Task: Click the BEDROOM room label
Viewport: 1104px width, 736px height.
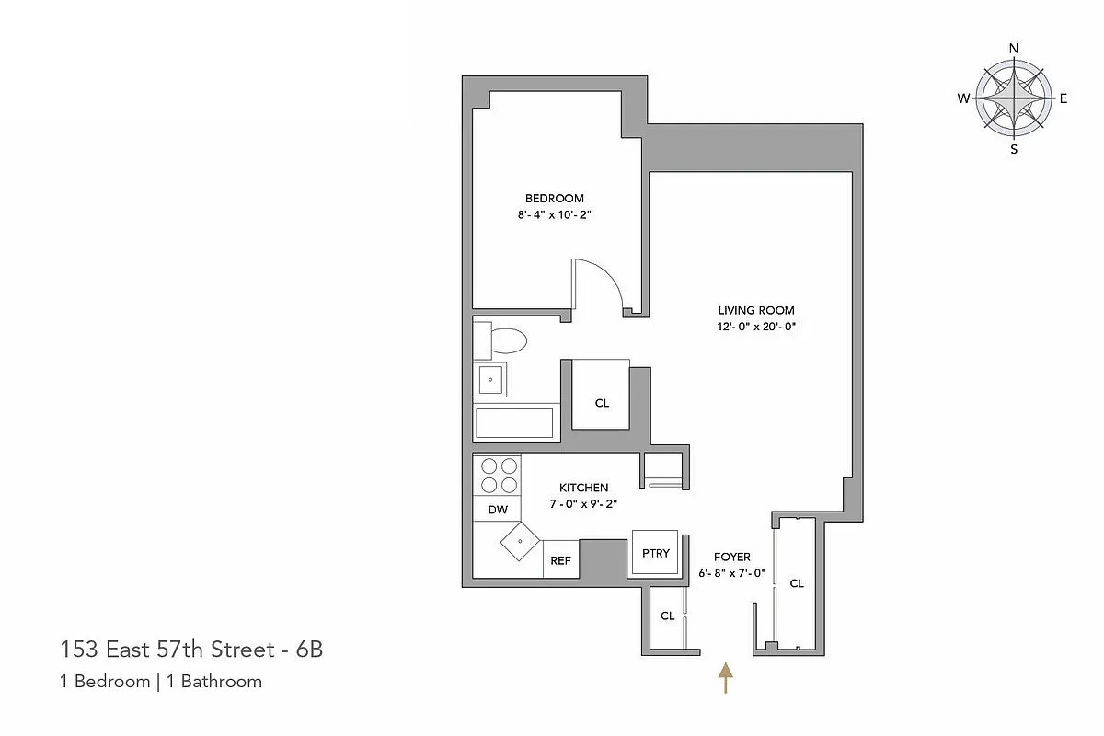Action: pos(554,198)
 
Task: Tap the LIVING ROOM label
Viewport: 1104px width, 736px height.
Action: pos(756,310)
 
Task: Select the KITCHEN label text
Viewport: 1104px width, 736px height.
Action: pos(583,488)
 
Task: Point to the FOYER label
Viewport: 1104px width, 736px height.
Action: pos(731,557)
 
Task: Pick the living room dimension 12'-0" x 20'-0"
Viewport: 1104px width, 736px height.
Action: pos(756,327)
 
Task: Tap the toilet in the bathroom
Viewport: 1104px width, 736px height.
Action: pos(502,340)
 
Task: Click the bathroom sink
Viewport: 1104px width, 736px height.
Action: pos(490,379)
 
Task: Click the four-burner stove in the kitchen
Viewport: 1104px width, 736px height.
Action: pos(498,475)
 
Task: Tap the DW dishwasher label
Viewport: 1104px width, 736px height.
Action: pos(497,510)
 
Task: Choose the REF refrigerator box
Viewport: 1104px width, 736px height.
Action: pos(560,559)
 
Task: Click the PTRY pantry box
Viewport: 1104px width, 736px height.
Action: pos(656,553)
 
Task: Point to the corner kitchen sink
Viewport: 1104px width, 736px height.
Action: pos(521,542)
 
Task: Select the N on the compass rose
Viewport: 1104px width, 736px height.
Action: pos(1014,49)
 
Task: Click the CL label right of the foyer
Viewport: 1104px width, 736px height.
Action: pos(797,583)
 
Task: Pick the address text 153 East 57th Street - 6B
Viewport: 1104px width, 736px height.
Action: pos(191,650)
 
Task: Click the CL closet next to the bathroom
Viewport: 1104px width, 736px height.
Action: pos(602,403)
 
